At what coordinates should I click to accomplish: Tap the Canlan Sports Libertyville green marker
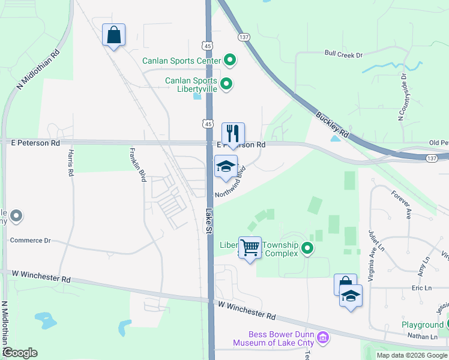tap(226, 84)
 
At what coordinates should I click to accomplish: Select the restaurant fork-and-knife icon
tap(233, 133)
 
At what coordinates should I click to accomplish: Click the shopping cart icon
tap(250, 247)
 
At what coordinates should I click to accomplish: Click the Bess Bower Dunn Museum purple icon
tap(324, 338)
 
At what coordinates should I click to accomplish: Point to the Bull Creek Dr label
tap(344, 55)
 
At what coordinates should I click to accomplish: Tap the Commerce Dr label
tap(31, 240)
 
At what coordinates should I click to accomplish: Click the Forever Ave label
tap(400, 205)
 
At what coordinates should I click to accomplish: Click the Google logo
tap(20, 353)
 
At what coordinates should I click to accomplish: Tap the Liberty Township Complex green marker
tap(308, 248)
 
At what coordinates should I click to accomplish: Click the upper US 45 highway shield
tap(207, 46)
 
